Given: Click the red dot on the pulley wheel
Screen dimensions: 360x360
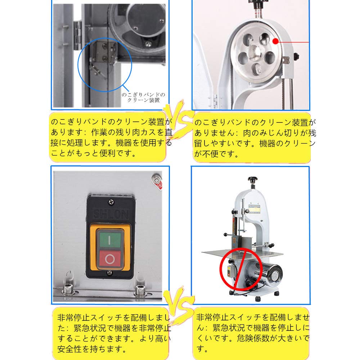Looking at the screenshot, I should (275, 41).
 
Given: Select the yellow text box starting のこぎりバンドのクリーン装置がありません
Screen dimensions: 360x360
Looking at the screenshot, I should (252, 138).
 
